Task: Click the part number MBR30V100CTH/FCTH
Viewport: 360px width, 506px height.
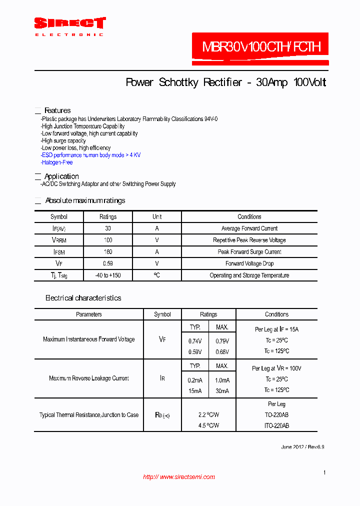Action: [260, 47]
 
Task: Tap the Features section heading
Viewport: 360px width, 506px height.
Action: [57, 110]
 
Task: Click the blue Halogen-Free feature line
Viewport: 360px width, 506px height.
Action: [57, 162]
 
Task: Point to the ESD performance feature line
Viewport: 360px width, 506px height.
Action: [91, 155]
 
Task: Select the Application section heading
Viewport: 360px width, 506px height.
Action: [61, 176]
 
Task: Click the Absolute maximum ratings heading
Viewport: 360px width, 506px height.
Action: [85, 200]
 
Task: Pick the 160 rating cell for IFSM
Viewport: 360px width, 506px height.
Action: [107, 252]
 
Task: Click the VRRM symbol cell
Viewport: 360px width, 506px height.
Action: [58, 240]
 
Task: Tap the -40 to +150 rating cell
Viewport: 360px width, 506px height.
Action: [107, 275]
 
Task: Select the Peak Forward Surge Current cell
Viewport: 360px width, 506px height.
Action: [249, 252]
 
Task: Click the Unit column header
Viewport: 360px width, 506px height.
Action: [157, 217]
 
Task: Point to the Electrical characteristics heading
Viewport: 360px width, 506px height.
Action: [83, 298]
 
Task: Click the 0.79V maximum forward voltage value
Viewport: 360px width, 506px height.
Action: [222, 341]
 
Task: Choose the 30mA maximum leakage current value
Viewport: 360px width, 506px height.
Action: [222, 390]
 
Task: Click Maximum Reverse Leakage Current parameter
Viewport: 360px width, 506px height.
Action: [89, 378]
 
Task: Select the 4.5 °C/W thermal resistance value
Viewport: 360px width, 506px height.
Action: [208, 426]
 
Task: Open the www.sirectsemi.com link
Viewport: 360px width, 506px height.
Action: [179, 477]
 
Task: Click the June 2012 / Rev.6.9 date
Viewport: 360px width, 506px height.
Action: [302, 447]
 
